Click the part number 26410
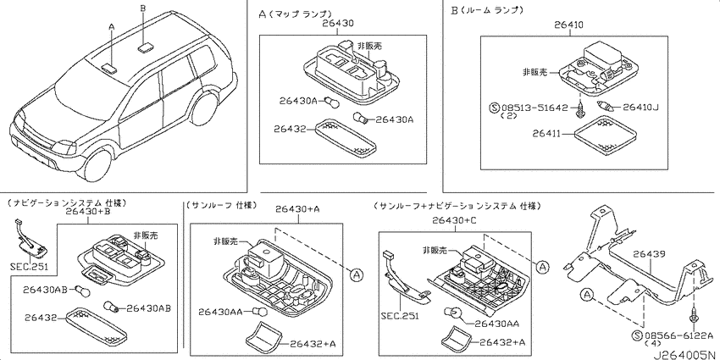568,26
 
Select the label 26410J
640,108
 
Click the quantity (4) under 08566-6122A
652,343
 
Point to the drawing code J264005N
685,355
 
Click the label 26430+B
88,211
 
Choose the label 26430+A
297,209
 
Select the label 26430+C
455,220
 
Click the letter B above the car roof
143,8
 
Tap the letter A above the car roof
111,27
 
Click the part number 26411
547,134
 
